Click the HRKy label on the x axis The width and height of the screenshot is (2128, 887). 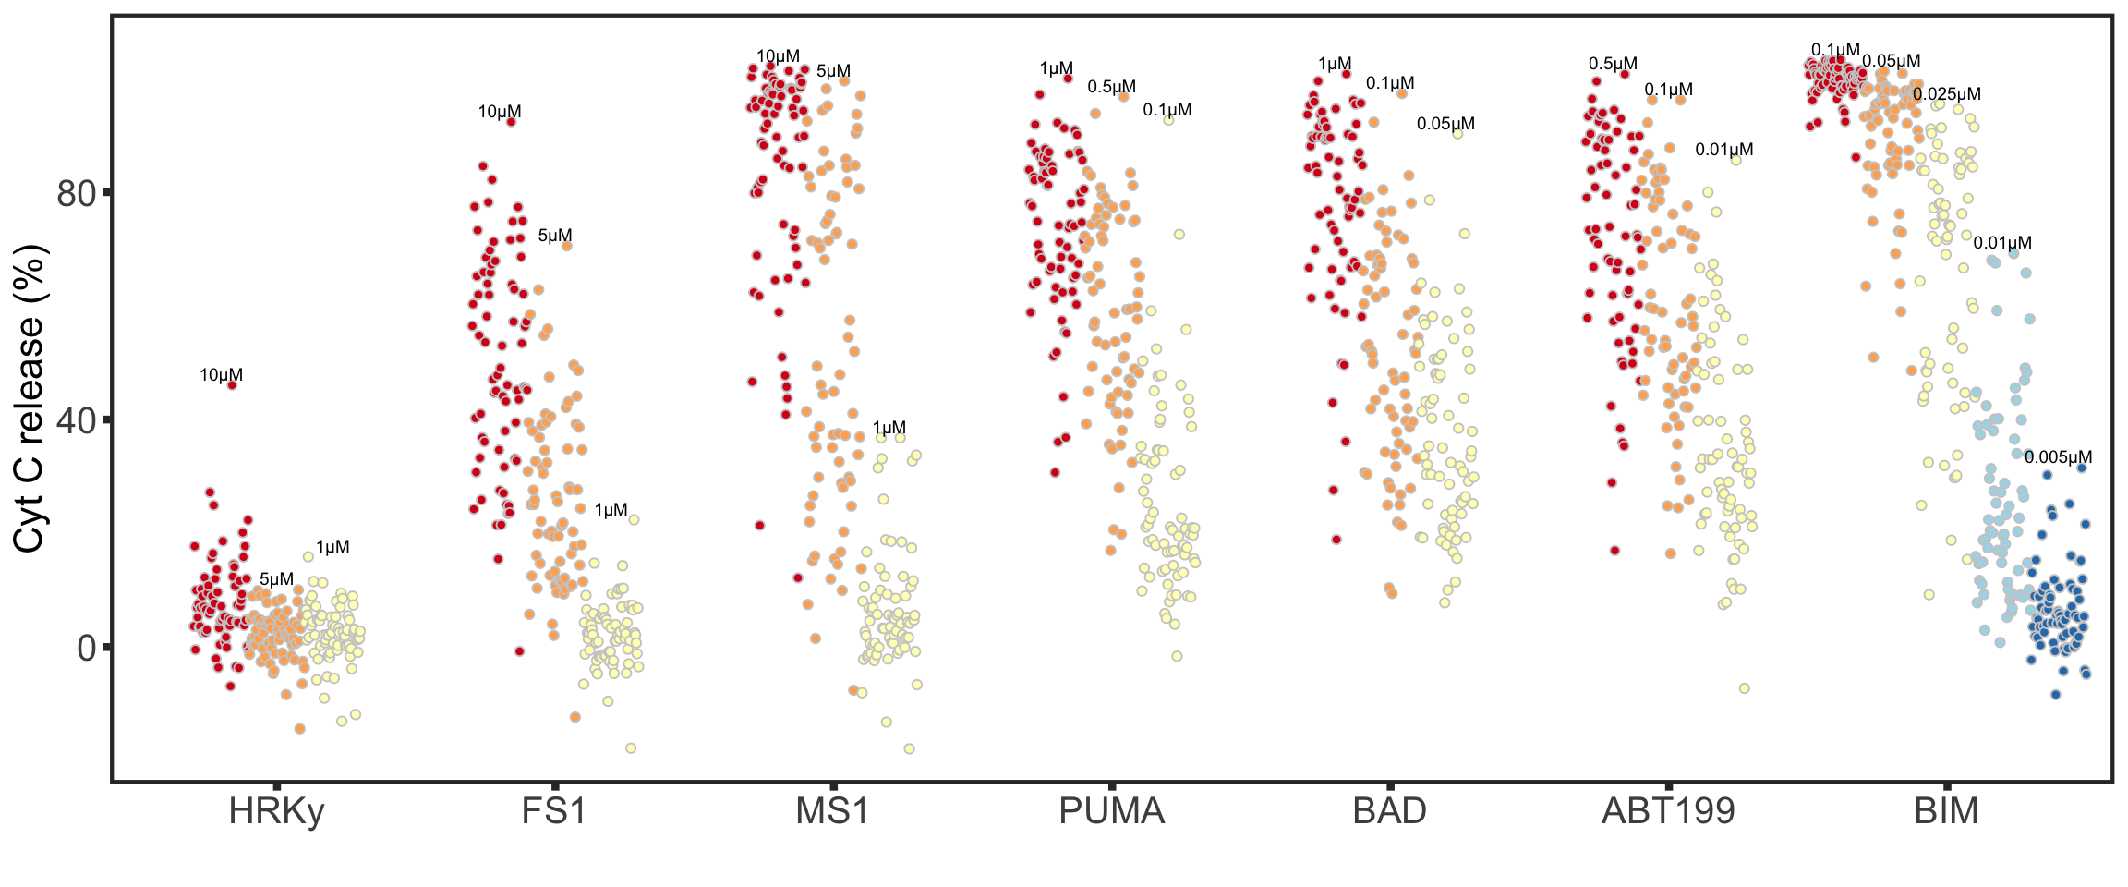click(x=276, y=811)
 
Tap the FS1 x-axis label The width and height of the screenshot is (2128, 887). click(x=554, y=811)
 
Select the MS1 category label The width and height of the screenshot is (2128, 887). click(x=832, y=811)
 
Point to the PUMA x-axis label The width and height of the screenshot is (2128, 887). click(x=1111, y=811)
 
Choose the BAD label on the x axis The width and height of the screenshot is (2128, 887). click(x=1389, y=811)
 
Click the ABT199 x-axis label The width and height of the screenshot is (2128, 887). click(x=1668, y=811)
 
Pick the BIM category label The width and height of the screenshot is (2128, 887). click(x=1946, y=811)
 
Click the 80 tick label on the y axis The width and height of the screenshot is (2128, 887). click(x=77, y=193)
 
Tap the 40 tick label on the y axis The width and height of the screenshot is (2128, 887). click(x=77, y=420)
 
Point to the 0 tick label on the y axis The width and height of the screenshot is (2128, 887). click(x=87, y=648)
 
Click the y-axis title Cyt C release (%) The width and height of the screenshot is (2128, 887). click(x=30, y=399)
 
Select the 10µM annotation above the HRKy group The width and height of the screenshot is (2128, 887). click(x=222, y=375)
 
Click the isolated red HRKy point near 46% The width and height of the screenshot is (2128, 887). click(x=232, y=385)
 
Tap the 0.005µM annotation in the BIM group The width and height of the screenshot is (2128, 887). click(x=2058, y=457)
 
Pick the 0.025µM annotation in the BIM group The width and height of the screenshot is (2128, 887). click(x=1946, y=94)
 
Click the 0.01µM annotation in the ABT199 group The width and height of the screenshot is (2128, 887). click(x=1723, y=150)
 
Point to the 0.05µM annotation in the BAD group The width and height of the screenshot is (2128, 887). click(x=1445, y=124)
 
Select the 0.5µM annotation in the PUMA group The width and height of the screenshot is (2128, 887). click(x=1111, y=87)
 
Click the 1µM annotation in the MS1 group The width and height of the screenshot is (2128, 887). click(x=889, y=428)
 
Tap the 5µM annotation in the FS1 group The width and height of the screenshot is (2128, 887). click(x=555, y=236)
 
